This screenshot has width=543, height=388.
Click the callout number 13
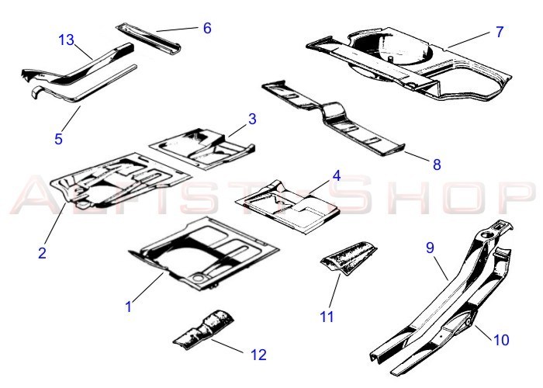pos(66,40)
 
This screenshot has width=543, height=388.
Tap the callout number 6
pos(207,28)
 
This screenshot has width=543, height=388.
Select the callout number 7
pos(500,32)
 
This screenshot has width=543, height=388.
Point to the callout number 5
pos(58,139)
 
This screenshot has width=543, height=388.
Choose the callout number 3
pos(252,119)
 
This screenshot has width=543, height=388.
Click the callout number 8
pos(437,165)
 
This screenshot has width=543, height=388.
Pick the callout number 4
pos(337,175)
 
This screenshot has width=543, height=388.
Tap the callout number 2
pos(42,253)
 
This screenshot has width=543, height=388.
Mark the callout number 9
pos(430,248)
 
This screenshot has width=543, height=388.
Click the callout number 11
pos(327,317)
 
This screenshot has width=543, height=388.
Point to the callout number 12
pos(258,355)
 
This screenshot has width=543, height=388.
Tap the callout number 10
pos(501,340)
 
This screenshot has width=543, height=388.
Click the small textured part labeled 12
pos(203,330)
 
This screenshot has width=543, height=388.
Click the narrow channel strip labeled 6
pos(148,39)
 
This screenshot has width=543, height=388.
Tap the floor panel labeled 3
pos(202,149)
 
